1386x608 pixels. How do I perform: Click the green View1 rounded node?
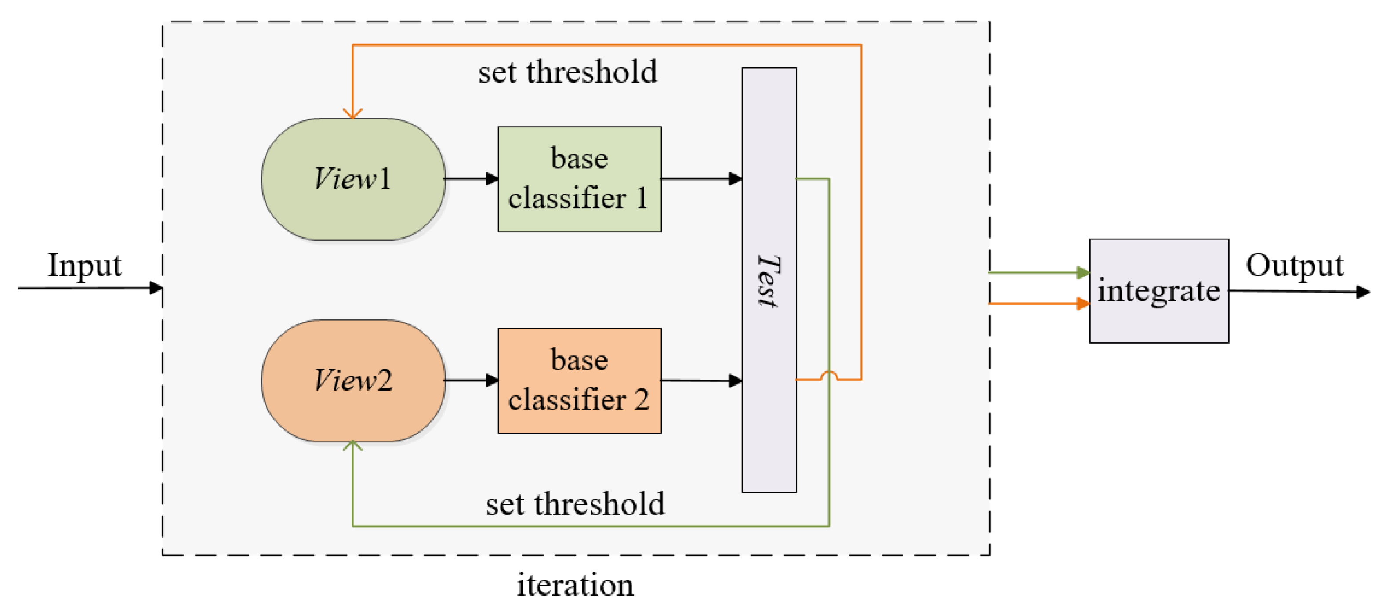click(353, 179)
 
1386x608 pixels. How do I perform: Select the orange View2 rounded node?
click(353, 380)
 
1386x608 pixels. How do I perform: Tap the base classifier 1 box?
click(580, 179)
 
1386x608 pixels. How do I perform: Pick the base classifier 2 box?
click(580, 380)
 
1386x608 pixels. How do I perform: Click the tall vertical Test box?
click(769, 280)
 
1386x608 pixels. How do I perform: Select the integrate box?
click(1159, 290)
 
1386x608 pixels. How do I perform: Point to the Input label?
click(84, 265)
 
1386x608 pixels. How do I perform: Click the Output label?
click(1295, 265)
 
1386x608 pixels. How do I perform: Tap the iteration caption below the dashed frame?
click(575, 584)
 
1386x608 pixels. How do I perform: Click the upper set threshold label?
click(568, 72)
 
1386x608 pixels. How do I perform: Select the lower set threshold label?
click(575, 504)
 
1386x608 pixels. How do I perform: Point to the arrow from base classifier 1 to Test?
click(701, 179)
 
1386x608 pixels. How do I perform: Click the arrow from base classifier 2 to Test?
click(701, 380)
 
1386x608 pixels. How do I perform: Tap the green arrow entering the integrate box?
click(1038, 273)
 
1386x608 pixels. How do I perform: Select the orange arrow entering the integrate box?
click(1038, 304)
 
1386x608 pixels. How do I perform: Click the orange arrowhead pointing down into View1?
click(352, 112)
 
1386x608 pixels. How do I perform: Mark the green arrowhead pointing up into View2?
click(352, 445)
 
